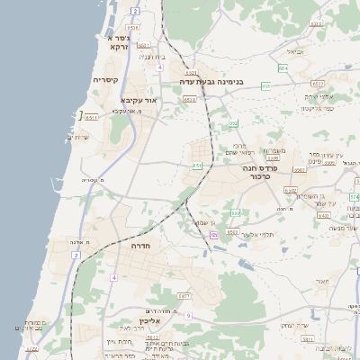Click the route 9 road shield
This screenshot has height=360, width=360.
click(188, 315)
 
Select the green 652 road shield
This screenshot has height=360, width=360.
click(234, 124)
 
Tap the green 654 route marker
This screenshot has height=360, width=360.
click(283, 67)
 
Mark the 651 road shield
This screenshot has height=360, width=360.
click(197, 166)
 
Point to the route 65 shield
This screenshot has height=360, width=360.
click(214, 235)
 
